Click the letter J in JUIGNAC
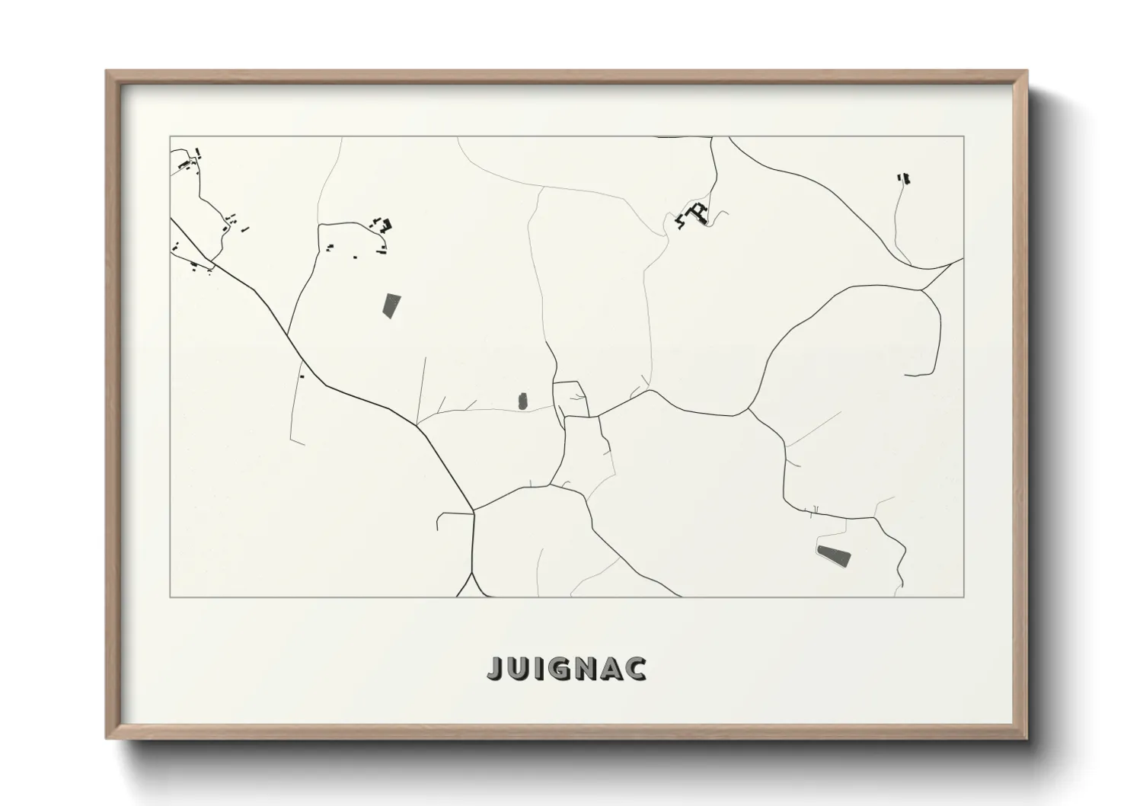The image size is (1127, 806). coord(496,668)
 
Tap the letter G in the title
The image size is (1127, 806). coord(559,668)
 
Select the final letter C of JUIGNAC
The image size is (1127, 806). coord(637,668)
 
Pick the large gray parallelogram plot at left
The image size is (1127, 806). coord(391,305)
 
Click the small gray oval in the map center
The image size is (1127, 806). coord(522,401)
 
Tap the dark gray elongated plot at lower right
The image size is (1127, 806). coord(833,555)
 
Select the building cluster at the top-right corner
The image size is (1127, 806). coord(904,179)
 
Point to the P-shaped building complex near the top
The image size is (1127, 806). coord(697,213)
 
